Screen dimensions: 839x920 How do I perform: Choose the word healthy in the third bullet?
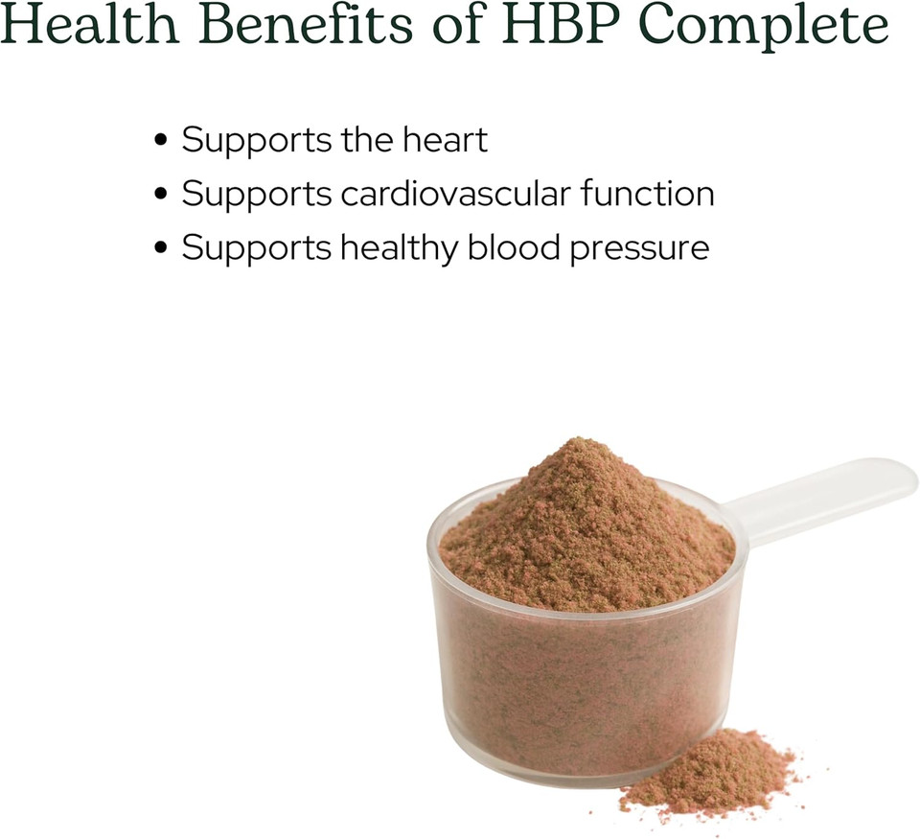point(398,247)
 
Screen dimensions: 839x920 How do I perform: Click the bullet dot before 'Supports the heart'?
point(161,141)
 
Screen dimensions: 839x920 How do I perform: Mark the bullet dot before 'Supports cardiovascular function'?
point(161,195)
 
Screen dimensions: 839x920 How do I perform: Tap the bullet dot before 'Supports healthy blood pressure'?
point(161,248)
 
